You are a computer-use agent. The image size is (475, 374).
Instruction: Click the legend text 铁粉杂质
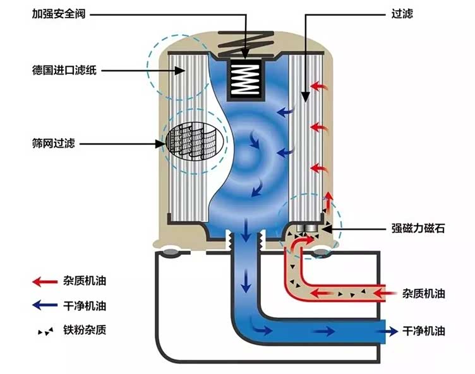85,330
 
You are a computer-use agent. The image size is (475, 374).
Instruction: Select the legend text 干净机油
85,307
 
